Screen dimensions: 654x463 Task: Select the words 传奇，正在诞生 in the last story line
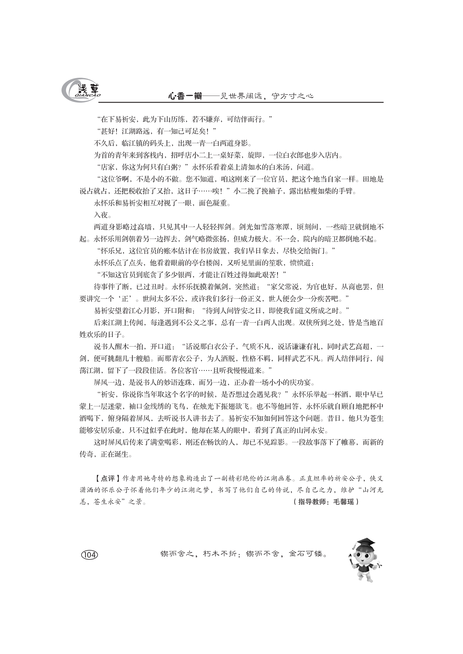click(x=106, y=454)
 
